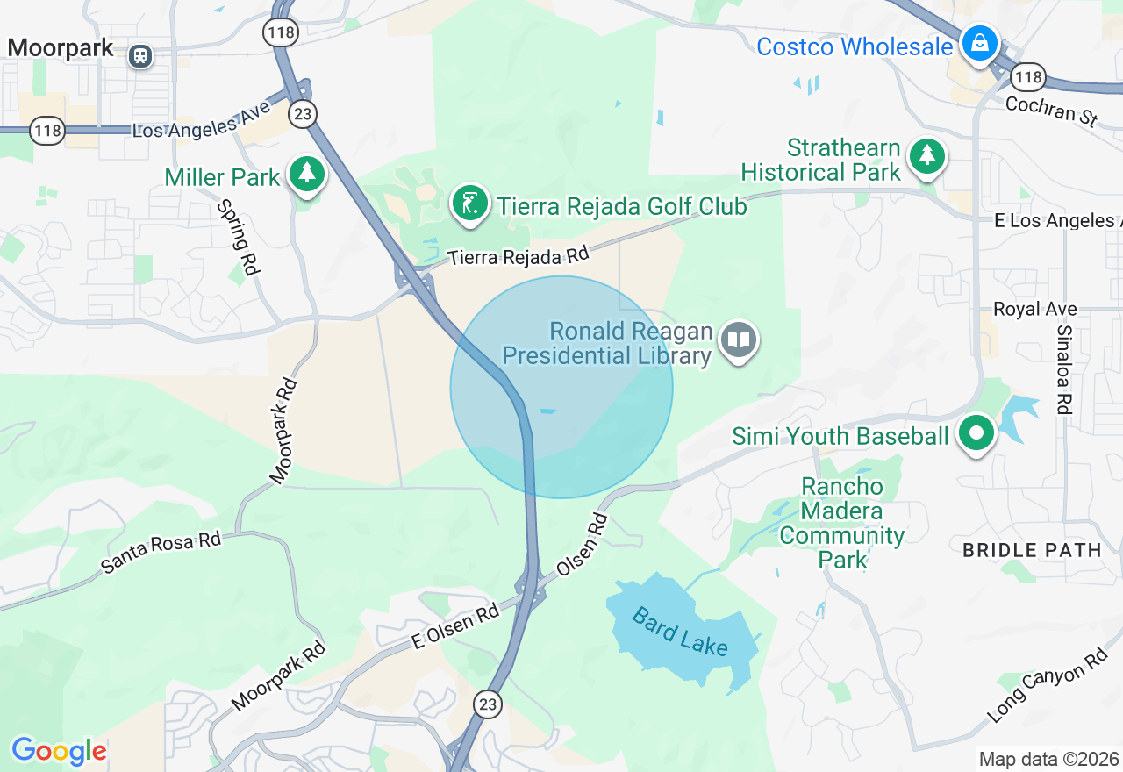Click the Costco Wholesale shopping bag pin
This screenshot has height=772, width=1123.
[x=979, y=41]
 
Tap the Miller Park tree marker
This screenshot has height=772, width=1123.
[x=306, y=172]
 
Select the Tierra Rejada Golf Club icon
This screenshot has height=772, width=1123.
[x=470, y=204]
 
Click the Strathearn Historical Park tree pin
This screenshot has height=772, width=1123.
[x=926, y=156]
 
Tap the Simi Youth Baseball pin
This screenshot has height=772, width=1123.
[x=975, y=432]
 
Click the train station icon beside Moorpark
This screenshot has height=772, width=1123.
[x=139, y=56]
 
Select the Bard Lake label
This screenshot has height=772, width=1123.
[x=680, y=633]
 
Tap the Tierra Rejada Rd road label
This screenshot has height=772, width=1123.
[x=518, y=256]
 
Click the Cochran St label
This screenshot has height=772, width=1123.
[x=1051, y=112]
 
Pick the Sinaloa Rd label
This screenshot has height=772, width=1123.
[x=1064, y=369]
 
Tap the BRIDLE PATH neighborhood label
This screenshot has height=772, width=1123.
[x=1032, y=550]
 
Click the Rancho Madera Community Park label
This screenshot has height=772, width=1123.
[x=842, y=523]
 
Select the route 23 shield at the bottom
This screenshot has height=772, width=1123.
[x=488, y=704]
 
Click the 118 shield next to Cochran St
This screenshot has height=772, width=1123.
[x=1027, y=77]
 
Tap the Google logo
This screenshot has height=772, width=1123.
[x=59, y=751]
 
